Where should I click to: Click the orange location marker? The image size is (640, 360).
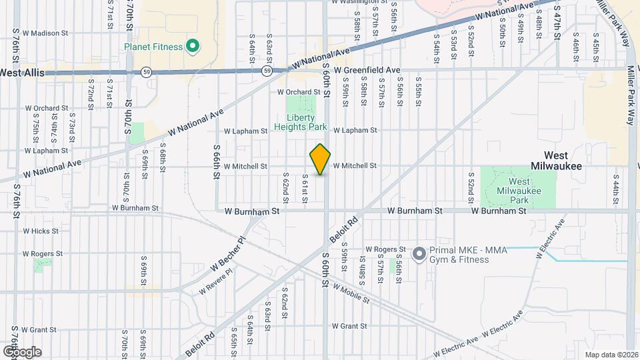320,159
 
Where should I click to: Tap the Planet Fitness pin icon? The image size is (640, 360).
193,46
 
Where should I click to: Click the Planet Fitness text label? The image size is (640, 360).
153,47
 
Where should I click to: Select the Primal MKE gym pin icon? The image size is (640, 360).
419,253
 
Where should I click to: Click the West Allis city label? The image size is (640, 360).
21,71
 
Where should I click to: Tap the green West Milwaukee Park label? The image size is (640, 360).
520,191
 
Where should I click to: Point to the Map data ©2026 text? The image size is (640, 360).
611,355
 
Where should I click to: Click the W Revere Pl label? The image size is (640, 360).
217,281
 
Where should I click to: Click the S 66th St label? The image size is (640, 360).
217,161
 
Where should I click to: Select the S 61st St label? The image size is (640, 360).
304,190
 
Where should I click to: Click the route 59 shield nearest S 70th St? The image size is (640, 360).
145,71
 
